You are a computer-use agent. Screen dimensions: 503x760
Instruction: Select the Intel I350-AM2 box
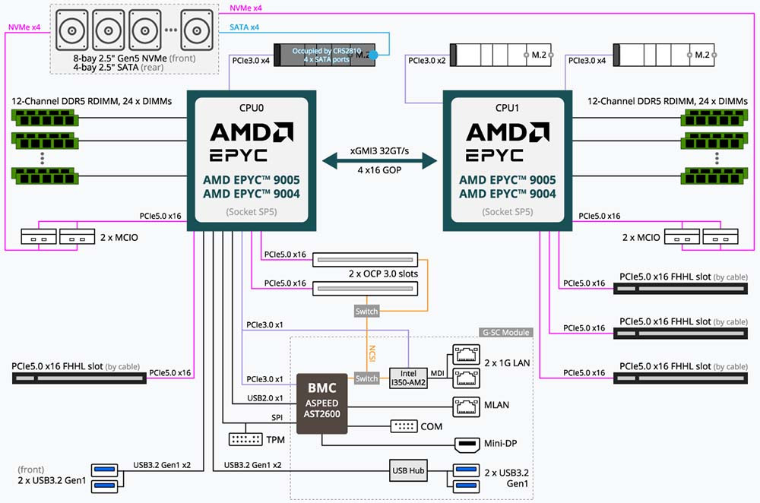pos(409,378)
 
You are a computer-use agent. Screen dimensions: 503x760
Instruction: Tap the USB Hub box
pos(409,470)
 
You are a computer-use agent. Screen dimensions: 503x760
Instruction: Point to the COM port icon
pos(404,426)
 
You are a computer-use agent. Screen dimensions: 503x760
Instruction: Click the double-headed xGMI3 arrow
pos(381,161)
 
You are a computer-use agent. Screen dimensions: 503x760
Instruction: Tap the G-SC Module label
pos(505,332)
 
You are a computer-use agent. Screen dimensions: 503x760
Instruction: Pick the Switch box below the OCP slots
pos(366,312)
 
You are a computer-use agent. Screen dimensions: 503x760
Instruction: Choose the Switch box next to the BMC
pos(366,378)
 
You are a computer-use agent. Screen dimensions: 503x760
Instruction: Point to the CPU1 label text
pos(508,108)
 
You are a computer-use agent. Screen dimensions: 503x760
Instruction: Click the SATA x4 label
pos(245,28)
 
